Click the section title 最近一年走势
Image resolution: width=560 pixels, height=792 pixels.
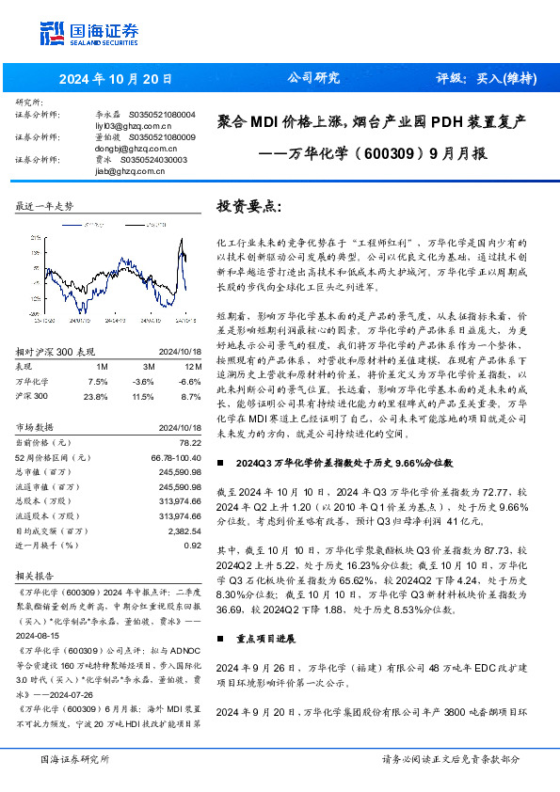[44, 205]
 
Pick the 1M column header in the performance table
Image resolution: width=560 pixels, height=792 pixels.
[102, 366]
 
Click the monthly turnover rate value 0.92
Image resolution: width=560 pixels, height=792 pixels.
[192, 546]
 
